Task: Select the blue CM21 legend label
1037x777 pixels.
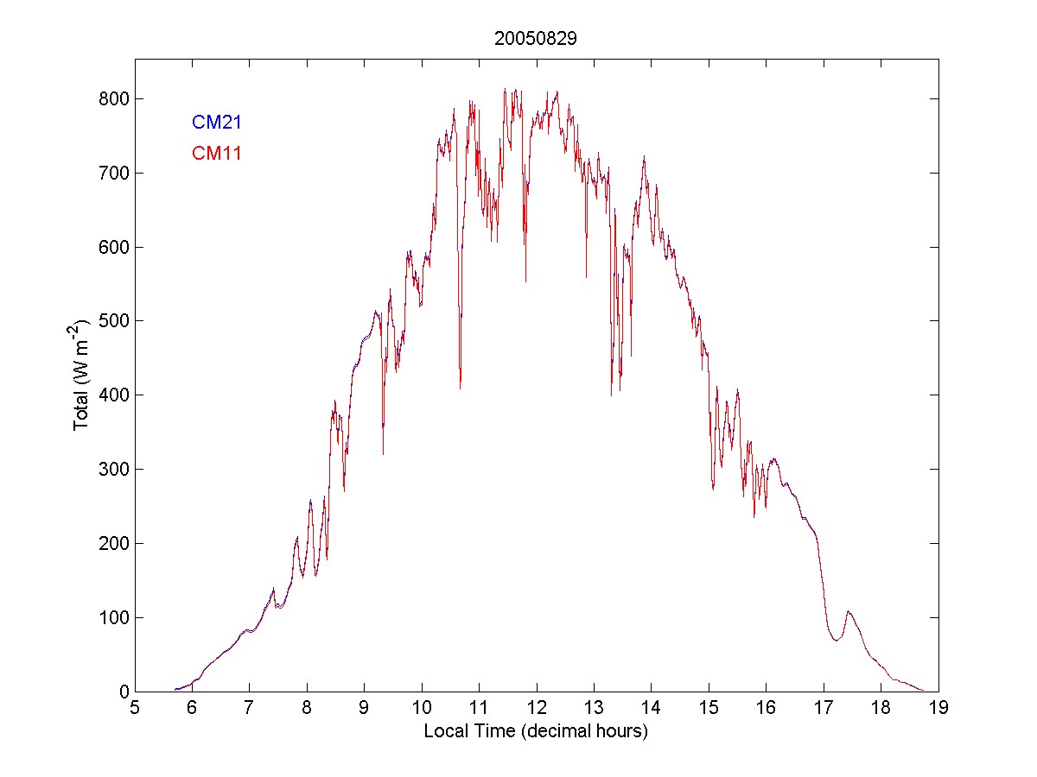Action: click(216, 123)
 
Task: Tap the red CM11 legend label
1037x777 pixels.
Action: click(216, 154)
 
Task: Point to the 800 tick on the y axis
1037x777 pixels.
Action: click(115, 99)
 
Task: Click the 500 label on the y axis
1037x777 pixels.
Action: click(115, 321)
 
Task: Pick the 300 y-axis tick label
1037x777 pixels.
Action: click(115, 470)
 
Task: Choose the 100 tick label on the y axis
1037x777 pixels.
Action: click(115, 618)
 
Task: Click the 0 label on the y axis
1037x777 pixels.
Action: click(124, 692)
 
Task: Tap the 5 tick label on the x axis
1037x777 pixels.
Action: click(135, 709)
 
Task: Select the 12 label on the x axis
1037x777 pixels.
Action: click(537, 709)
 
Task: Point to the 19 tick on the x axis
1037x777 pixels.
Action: click(938, 709)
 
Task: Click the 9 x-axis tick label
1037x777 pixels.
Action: click(365, 709)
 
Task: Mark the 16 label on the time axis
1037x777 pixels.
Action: click(767, 709)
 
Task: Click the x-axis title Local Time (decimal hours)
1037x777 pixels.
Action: click(536, 731)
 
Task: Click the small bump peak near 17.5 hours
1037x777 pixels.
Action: click(849, 611)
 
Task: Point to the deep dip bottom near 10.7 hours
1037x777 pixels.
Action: click(460, 388)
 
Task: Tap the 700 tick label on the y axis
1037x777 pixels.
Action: click(115, 174)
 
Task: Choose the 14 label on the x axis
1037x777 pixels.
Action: click(652, 709)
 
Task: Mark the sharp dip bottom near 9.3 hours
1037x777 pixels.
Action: click(383, 453)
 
